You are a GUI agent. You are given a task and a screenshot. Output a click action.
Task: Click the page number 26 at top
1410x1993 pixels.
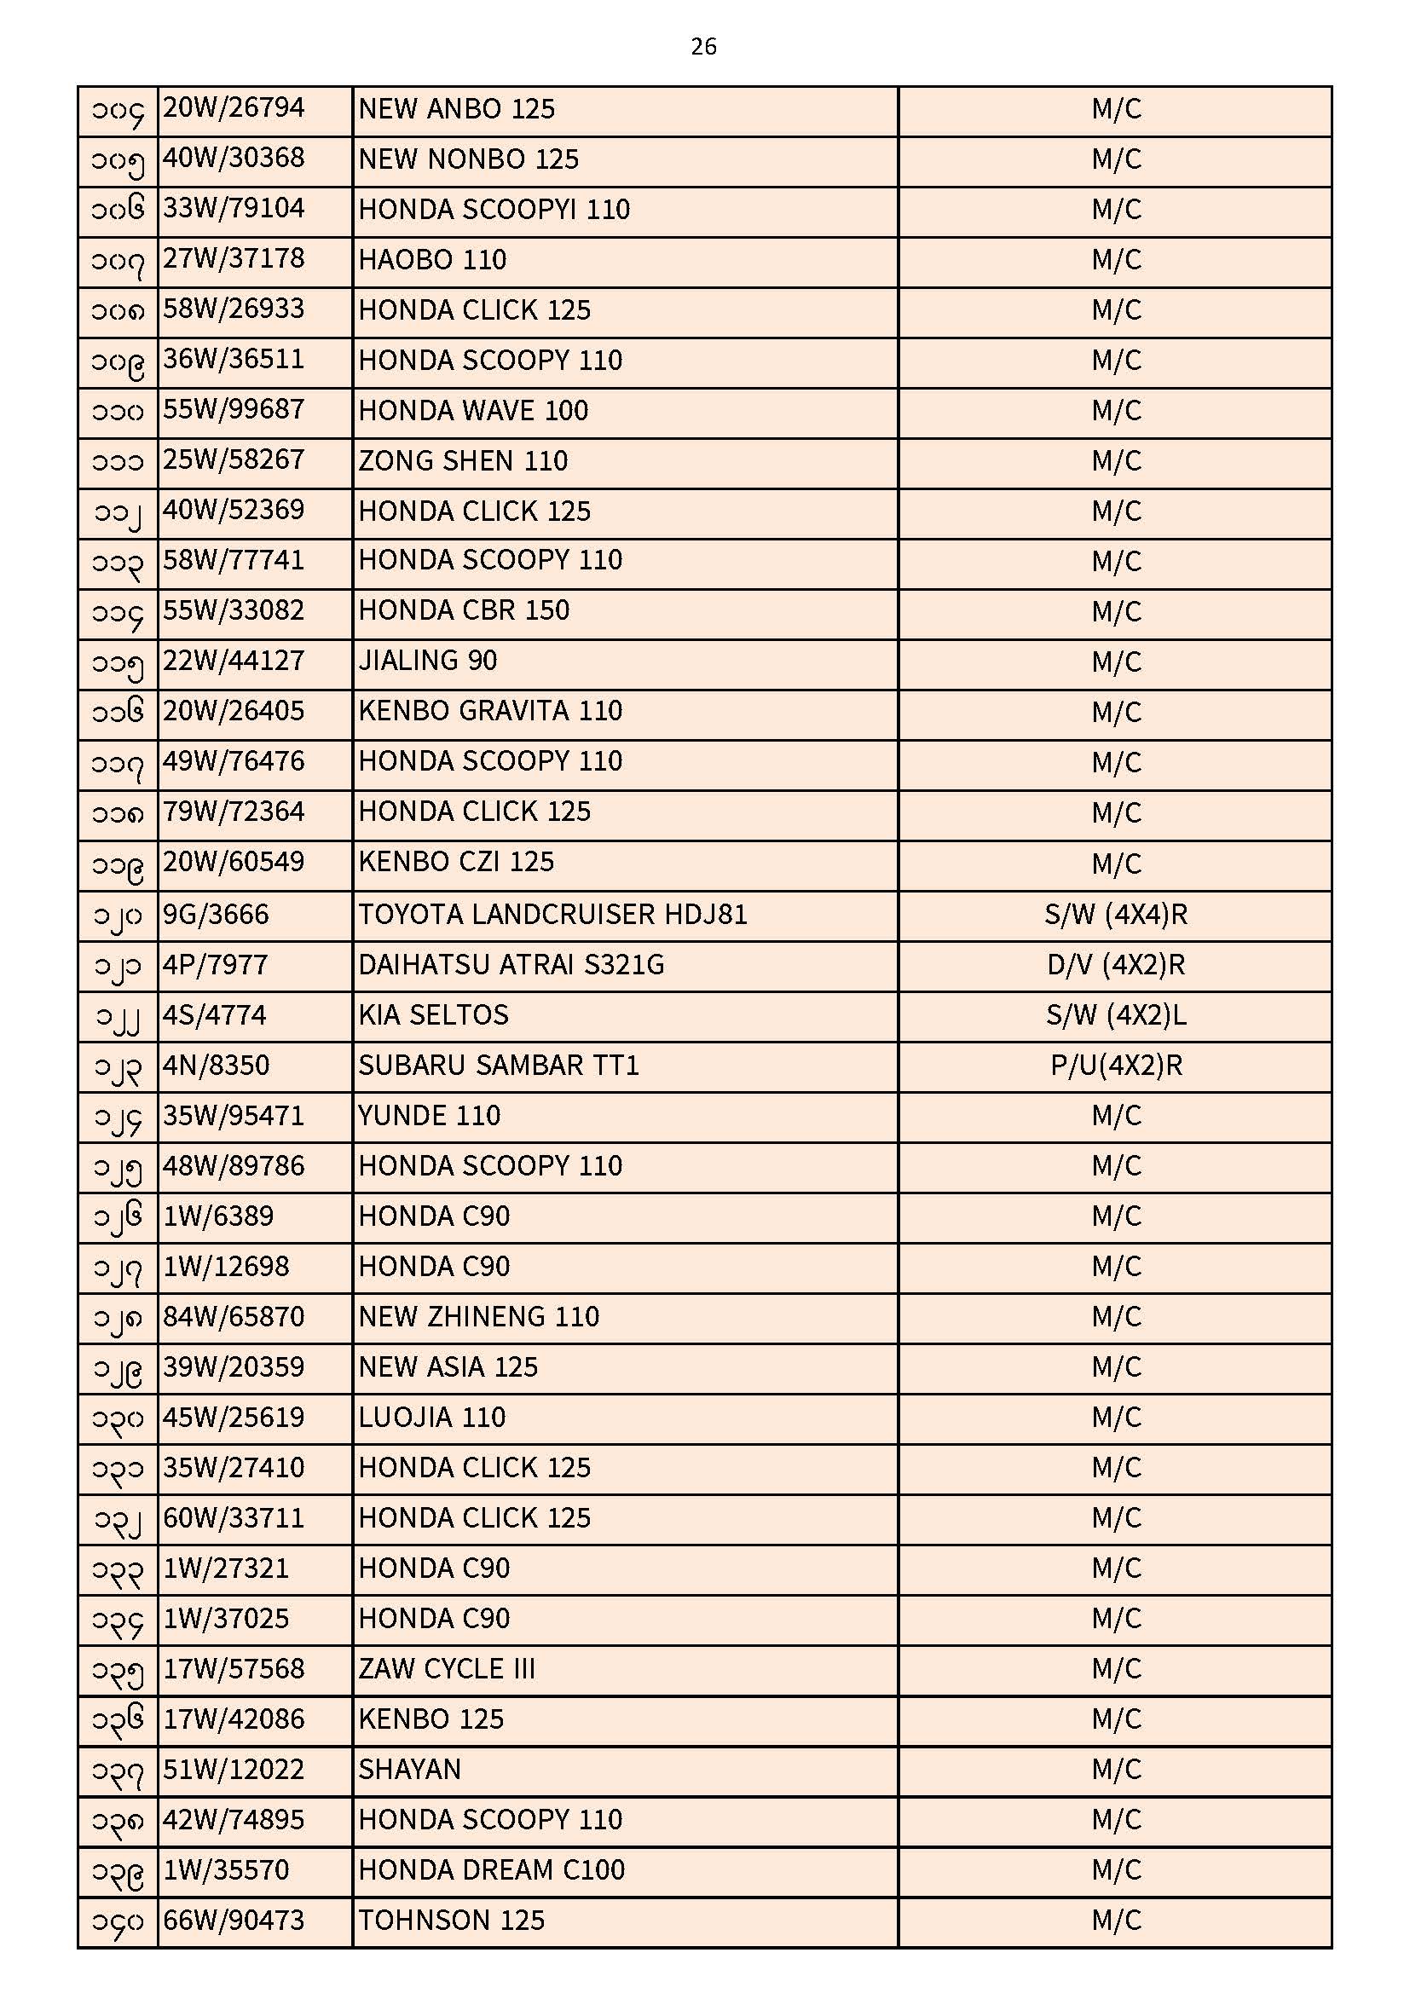coord(703,46)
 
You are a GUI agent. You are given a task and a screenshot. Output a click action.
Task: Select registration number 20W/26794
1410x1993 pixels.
coord(234,108)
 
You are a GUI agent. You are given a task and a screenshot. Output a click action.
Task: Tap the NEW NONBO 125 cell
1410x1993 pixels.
coord(468,159)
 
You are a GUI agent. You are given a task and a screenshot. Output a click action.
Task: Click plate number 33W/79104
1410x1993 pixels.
coord(234,209)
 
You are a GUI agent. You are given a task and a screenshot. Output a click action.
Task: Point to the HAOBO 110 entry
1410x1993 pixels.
coord(432,259)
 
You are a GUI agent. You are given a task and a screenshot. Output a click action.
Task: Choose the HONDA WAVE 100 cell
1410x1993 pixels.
coord(473,411)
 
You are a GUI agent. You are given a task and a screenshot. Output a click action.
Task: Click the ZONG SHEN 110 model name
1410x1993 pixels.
coord(463,461)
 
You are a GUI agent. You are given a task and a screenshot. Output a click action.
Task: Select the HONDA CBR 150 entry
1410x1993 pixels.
coord(464,611)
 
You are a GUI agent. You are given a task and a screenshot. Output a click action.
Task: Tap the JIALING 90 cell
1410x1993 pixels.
coord(427,661)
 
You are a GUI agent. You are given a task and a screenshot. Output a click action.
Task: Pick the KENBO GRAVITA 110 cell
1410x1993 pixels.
coord(489,712)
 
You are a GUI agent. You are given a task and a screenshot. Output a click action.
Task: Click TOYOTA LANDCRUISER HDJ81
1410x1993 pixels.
coord(552,915)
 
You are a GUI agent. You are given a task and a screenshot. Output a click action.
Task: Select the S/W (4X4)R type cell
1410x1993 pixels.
coord(1116,915)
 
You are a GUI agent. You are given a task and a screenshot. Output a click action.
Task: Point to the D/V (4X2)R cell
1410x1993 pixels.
coord(1116,965)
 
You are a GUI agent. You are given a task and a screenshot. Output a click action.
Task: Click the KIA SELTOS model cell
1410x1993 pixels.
coord(433,1015)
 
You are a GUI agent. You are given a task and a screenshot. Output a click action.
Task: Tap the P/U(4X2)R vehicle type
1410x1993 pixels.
coord(1116,1066)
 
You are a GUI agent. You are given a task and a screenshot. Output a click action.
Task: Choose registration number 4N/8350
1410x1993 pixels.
coord(217,1066)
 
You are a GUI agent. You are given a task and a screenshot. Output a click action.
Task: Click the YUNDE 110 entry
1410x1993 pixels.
coord(429,1117)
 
